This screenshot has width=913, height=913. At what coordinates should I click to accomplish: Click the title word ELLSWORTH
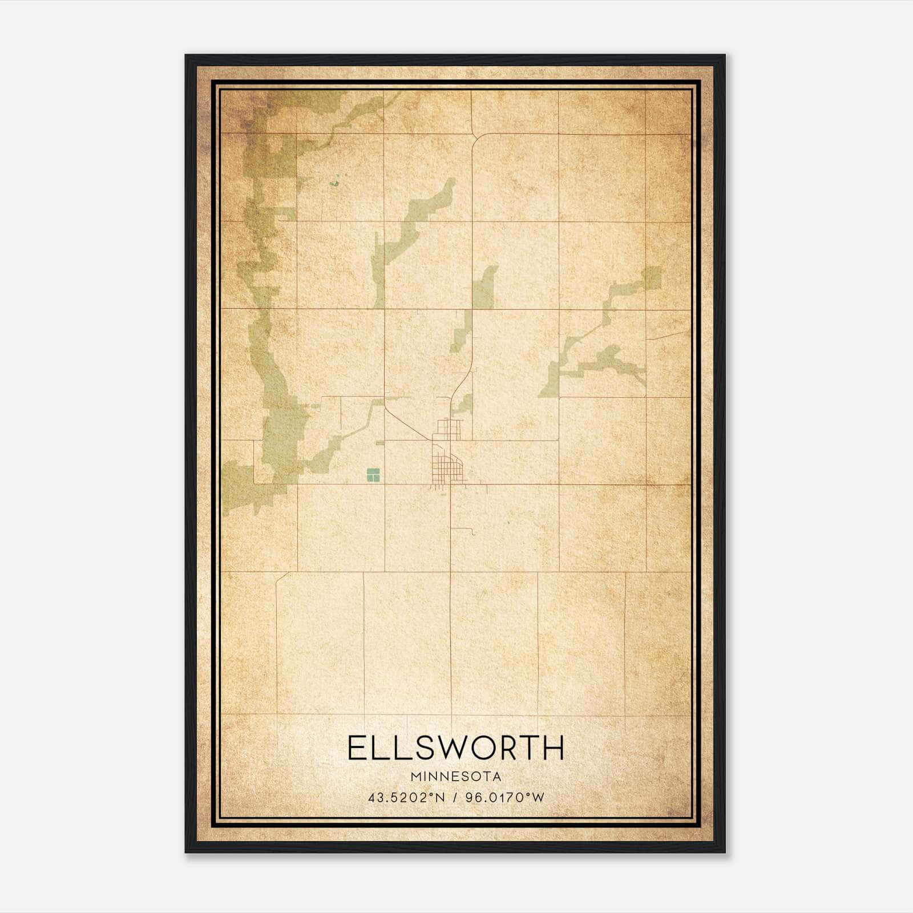455,748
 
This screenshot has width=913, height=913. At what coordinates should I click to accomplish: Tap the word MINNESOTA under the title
455,777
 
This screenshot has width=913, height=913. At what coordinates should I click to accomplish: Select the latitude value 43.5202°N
406,798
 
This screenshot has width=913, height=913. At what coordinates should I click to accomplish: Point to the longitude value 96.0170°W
505,798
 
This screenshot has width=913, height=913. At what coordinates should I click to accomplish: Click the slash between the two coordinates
455,798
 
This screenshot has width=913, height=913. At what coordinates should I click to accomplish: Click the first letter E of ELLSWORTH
358,748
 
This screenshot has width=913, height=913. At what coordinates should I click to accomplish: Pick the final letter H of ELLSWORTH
553,748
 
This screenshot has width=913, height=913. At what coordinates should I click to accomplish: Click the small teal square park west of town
373,474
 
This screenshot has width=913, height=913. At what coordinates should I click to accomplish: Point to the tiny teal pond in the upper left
334,183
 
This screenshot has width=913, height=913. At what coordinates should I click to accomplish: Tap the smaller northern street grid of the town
449,429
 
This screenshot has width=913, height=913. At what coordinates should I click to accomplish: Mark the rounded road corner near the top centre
477,138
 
